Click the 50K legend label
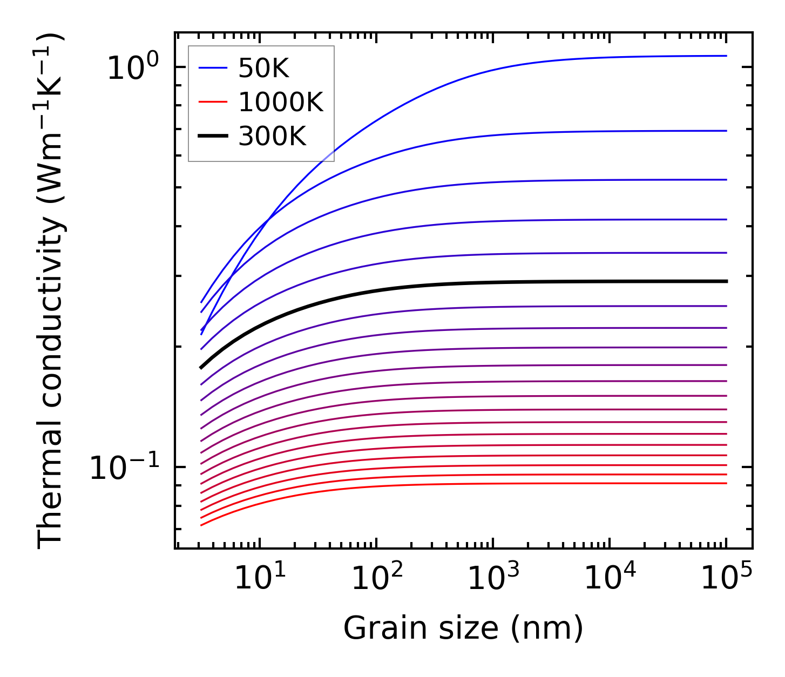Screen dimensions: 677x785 264,69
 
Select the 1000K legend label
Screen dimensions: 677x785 281,103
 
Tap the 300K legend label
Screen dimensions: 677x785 272,137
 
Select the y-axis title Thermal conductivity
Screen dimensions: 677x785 51,292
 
